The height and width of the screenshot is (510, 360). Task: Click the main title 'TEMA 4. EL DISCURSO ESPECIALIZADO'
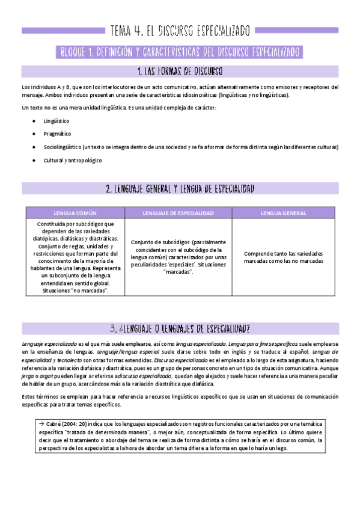[180, 30]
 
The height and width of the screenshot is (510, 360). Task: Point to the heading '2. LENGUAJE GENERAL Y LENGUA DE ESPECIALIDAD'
[180, 189]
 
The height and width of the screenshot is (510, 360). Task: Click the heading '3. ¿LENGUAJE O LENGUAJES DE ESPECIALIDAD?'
[180, 328]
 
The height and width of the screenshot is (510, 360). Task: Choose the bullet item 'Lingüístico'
[56, 121]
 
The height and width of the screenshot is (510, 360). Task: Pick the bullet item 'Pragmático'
[57, 134]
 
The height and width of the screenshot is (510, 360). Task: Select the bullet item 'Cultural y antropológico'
[73, 161]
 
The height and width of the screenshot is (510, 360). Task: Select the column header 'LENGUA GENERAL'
[284, 213]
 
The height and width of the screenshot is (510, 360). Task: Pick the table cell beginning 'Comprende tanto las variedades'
[284, 257]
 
